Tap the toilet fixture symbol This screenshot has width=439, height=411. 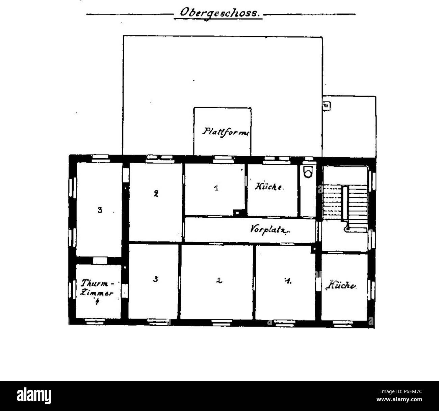click(308, 172)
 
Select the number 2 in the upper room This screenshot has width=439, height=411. click(156, 194)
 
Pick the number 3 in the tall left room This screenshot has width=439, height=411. click(100, 210)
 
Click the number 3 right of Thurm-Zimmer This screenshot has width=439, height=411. click(155, 279)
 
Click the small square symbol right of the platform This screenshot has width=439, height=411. click(326, 106)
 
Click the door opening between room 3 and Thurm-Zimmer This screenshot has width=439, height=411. click(100, 261)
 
